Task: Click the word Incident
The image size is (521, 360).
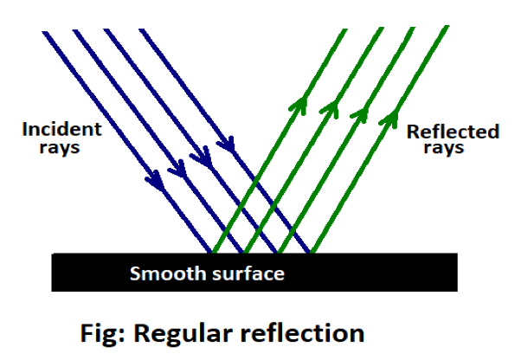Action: point(62,131)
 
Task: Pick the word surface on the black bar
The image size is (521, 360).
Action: point(246,274)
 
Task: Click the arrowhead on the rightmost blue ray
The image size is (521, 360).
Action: point(228,140)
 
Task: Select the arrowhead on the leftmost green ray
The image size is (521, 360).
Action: point(299,105)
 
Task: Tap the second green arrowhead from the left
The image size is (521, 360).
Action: point(329,107)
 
